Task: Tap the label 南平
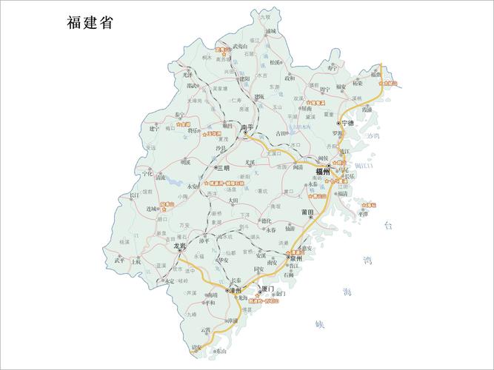[247, 127]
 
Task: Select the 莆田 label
[307, 213]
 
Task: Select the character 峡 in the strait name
[320, 324]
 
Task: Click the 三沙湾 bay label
[373, 137]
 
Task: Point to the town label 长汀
[134, 195]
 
